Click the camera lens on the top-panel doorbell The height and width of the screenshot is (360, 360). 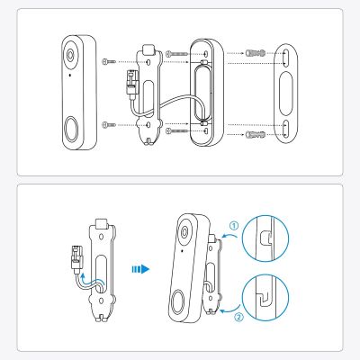point(70,55)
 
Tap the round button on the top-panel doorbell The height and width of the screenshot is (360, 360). point(71,130)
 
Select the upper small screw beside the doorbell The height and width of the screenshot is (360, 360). point(109,61)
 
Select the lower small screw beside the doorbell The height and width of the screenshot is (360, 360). point(109,125)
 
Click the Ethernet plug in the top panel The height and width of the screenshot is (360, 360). point(131,82)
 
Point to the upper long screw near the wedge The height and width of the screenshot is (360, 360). point(176,54)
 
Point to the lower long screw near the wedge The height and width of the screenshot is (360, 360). point(176,130)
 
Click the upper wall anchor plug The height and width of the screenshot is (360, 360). point(256,53)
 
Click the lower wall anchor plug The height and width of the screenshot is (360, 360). point(256,135)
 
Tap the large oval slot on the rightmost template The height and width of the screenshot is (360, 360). point(286,94)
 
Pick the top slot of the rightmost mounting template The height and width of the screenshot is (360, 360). point(285,58)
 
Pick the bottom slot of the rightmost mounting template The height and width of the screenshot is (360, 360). point(285,128)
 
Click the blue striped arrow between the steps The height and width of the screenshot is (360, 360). point(140,269)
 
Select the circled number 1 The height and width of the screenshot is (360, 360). point(234,225)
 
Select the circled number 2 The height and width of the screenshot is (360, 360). point(238,317)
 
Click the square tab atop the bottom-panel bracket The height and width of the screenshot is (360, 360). point(101,223)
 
